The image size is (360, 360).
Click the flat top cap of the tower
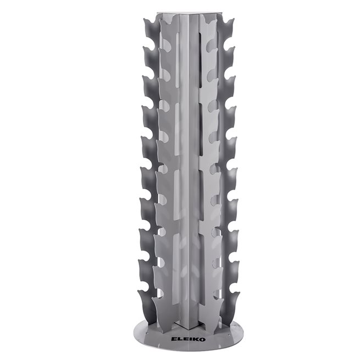180,12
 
